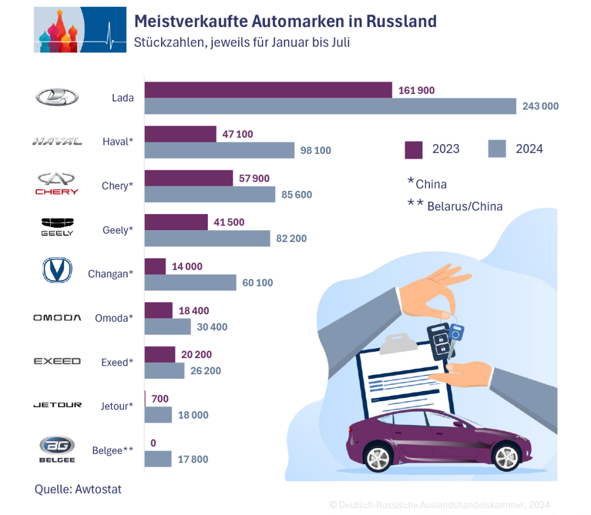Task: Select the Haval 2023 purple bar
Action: tap(180, 134)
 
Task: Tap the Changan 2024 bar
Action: tap(190, 283)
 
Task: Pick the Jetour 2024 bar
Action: tap(158, 415)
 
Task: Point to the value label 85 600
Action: tap(296, 195)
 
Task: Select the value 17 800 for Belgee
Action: tap(193, 459)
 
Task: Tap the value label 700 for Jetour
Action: tap(160, 399)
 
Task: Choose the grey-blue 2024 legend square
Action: tap(497, 149)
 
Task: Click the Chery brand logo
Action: tap(57, 183)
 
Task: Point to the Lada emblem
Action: tap(57, 97)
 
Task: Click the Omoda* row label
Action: tap(114, 318)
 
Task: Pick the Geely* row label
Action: tap(117, 230)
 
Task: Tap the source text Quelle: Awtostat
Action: tap(78, 489)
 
